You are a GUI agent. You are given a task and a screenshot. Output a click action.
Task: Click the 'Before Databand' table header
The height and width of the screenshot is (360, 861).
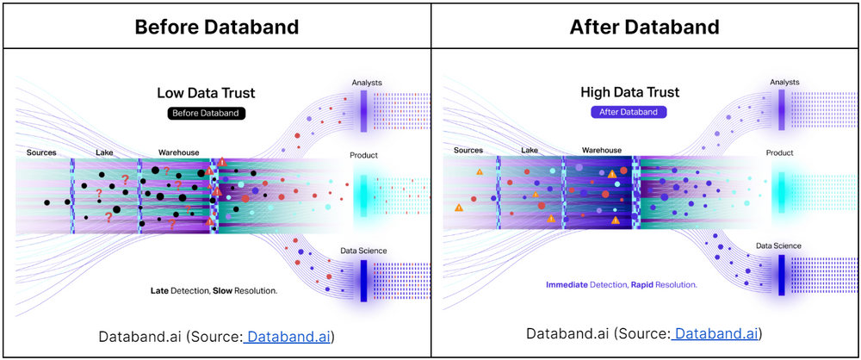point(216,26)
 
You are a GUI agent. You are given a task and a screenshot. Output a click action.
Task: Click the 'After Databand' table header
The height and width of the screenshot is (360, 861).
point(644,26)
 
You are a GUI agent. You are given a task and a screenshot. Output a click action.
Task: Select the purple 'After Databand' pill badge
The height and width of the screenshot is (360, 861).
point(628,112)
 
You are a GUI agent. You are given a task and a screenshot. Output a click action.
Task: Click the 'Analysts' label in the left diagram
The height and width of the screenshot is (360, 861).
point(367,83)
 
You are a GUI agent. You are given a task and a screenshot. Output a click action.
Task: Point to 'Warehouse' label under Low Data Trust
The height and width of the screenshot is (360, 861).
point(178,152)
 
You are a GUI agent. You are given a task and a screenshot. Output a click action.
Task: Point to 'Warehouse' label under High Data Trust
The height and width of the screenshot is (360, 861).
point(602,150)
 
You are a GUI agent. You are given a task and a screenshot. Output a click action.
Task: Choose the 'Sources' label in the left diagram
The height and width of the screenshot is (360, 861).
point(41,152)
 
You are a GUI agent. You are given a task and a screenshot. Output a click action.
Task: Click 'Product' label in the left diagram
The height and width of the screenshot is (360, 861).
point(365,156)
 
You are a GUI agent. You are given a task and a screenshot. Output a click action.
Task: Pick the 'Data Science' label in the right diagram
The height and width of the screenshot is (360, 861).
point(778,245)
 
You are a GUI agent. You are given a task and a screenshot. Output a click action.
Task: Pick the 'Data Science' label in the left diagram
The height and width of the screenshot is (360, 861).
point(363,251)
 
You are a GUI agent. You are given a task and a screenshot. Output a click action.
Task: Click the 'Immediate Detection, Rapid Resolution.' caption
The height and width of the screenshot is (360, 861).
point(622,284)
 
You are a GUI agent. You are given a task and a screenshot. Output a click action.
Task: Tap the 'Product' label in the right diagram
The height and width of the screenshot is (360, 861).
point(780,152)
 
